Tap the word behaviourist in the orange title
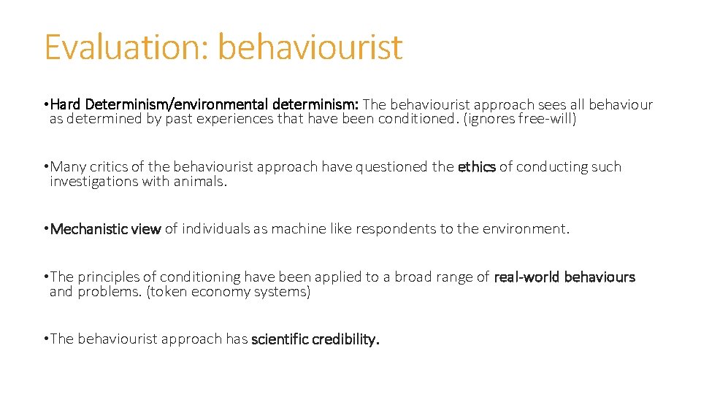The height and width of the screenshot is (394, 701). tap(310, 47)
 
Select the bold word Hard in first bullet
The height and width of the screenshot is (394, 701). tap(66, 104)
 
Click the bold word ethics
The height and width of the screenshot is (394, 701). tap(476, 167)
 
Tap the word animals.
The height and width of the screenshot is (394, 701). tap(201, 182)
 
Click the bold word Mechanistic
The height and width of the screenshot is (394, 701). tap(85, 229)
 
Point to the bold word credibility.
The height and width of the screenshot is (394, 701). tap(347, 339)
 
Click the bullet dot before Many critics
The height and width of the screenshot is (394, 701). tap(46, 167)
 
